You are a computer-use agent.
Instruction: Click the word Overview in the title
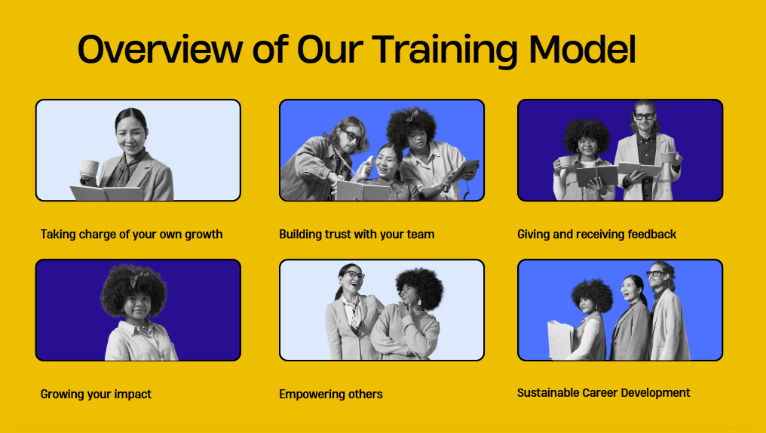click(161, 49)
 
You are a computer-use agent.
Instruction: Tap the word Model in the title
click(582, 49)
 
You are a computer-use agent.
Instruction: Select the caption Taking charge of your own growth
click(131, 235)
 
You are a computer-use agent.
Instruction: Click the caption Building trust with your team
click(357, 235)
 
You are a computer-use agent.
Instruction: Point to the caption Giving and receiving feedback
click(596, 235)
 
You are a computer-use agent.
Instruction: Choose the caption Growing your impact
click(96, 395)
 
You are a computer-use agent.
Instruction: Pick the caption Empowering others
click(331, 395)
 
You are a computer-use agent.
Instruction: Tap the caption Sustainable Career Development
click(603, 393)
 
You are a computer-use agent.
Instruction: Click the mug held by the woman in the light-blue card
click(90, 169)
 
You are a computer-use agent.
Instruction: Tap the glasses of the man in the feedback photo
click(644, 116)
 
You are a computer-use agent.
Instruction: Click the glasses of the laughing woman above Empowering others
click(353, 275)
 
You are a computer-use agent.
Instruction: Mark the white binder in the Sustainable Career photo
click(560, 340)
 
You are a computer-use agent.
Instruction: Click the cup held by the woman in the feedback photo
click(564, 161)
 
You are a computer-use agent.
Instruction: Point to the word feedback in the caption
click(651, 235)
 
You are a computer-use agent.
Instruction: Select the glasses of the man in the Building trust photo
click(352, 134)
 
